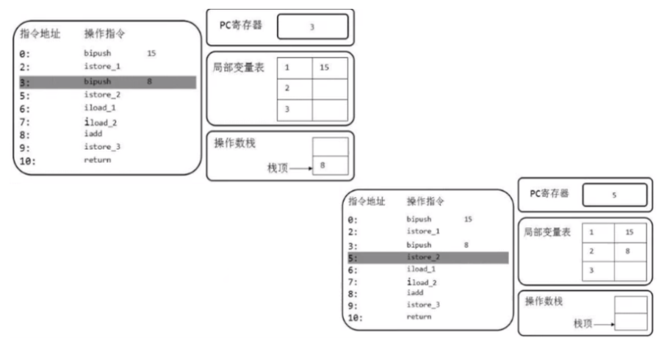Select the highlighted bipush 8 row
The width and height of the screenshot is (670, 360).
click(106, 82)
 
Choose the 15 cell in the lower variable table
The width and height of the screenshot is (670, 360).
click(630, 232)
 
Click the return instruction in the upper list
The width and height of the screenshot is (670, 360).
click(98, 159)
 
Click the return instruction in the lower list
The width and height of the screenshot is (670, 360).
click(419, 317)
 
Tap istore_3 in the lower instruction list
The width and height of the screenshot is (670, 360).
click(423, 304)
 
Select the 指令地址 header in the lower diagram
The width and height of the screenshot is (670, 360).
click(367, 200)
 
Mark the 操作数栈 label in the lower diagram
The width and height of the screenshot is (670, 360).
click(544, 301)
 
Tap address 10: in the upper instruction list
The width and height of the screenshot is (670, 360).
click(26, 160)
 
